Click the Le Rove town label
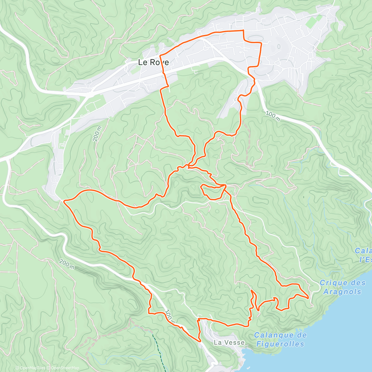(x=153, y=62)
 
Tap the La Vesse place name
(x=229, y=343)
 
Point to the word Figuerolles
(x=280, y=344)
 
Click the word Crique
(x=333, y=283)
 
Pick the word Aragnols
(x=342, y=291)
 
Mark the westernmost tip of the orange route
(x=64, y=201)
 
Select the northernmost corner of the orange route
(x=243, y=30)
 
